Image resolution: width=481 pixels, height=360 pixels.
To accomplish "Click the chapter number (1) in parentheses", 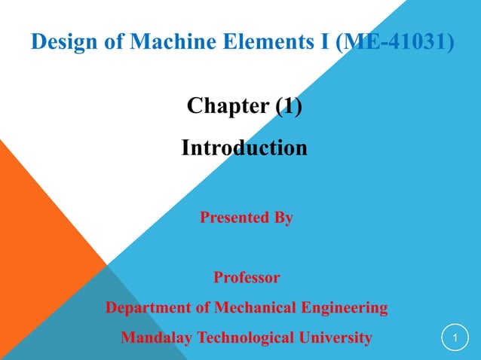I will [x=289, y=106].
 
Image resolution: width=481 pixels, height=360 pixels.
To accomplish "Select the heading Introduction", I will [x=244, y=147].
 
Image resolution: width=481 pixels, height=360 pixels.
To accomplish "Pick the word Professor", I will [x=247, y=278].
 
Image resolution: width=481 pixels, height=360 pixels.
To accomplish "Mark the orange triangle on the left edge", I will [x=30, y=226].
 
